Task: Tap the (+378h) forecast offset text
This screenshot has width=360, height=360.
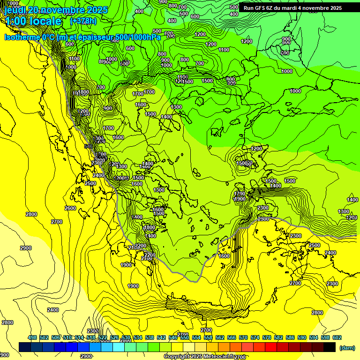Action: click(84, 21)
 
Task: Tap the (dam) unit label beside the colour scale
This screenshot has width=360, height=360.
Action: click(346, 347)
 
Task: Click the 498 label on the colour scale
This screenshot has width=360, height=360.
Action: click(32, 337)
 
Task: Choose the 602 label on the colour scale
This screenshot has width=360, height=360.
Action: click(337, 337)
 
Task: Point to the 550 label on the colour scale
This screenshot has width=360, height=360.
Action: click(185, 337)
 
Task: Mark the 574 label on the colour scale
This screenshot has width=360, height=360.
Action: click(255, 337)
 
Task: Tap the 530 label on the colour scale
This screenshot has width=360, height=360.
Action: click(126, 337)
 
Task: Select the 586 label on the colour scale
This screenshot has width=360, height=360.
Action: click(290, 337)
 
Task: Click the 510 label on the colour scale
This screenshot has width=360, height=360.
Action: click(67, 337)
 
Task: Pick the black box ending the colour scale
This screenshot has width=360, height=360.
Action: click(330, 347)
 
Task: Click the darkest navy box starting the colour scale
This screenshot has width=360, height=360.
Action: click(25, 347)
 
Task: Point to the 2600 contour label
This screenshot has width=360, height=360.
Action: click(70, 208)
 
